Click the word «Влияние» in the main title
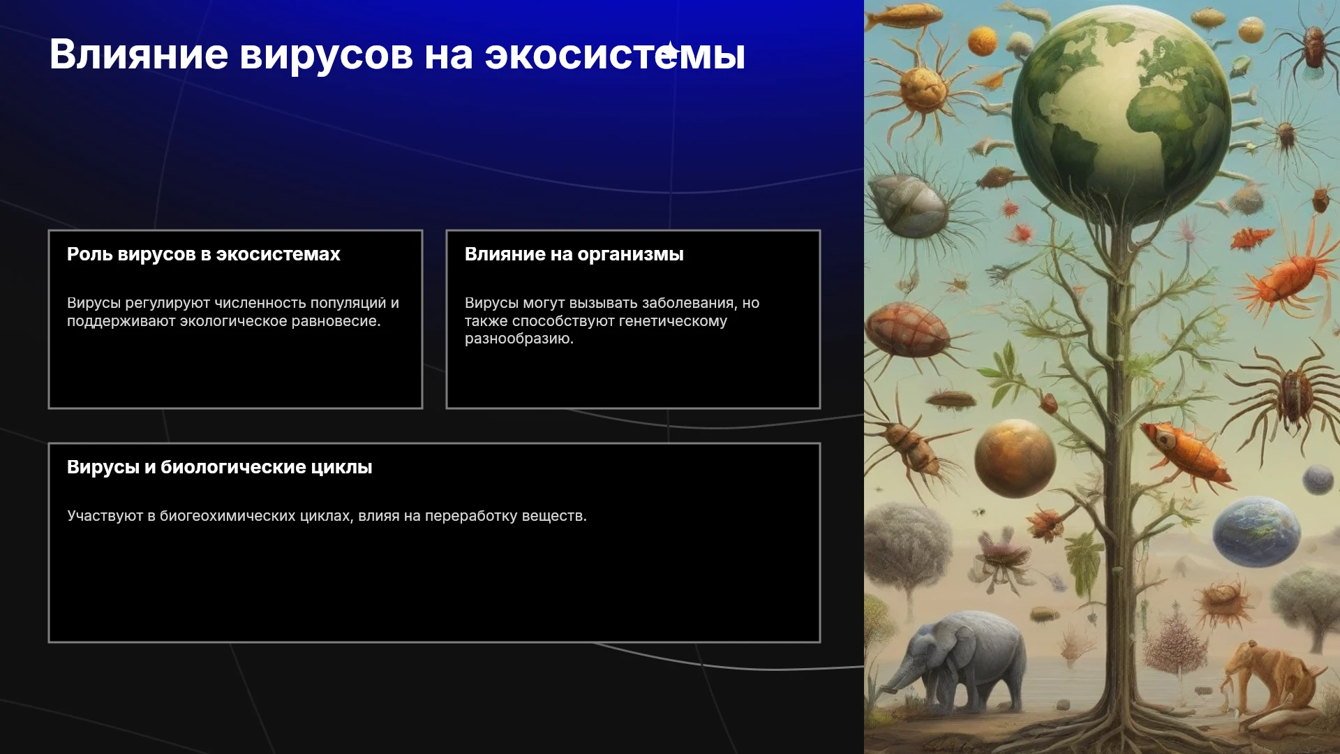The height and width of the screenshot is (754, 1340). (x=139, y=54)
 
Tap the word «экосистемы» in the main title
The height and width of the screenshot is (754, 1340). (x=615, y=55)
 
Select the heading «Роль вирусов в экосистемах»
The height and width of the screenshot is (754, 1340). (x=204, y=254)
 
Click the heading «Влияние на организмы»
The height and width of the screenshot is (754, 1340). (x=574, y=254)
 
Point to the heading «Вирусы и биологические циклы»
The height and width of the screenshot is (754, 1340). (x=220, y=467)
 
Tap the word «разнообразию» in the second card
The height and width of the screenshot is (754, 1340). (x=519, y=339)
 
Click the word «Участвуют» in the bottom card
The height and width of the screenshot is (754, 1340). (x=105, y=516)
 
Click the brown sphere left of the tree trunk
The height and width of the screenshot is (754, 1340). (x=1015, y=458)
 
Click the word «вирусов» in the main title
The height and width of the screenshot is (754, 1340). (x=326, y=55)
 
